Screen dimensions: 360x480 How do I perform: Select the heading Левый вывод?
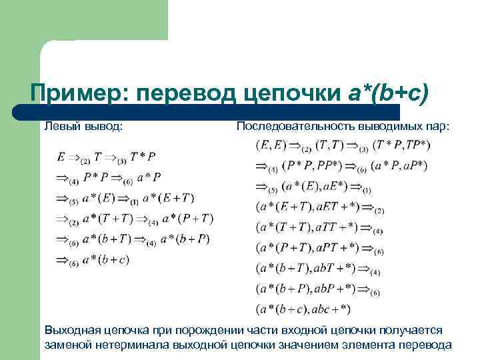(x=83, y=125)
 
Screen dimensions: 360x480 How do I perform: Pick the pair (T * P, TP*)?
(x=401, y=145)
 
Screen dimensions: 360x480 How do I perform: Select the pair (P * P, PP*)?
(x=312, y=166)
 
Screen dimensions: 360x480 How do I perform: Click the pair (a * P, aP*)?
(x=400, y=166)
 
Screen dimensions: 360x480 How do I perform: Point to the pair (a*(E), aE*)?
(x=313, y=187)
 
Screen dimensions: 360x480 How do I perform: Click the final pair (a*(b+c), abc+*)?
(x=303, y=309)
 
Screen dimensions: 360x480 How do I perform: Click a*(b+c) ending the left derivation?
(x=105, y=260)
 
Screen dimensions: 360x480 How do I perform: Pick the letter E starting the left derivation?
(x=62, y=157)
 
